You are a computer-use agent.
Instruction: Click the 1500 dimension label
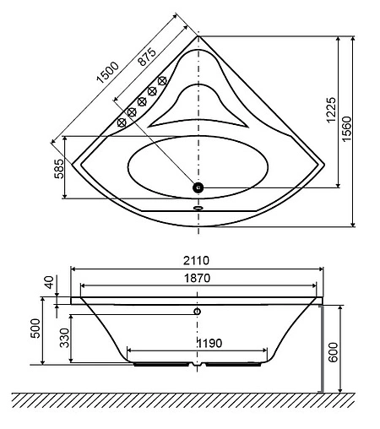click(x=108, y=73)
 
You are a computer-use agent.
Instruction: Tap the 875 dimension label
click(x=147, y=57)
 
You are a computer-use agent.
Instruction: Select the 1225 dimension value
click(x=331, y=110)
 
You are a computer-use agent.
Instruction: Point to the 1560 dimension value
click(x=347, y=128)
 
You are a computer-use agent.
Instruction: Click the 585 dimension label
click(x=59, y=169)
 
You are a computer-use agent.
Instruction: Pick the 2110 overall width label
click(x=196, y=260)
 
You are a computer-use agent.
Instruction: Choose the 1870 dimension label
click(x=197, y=278)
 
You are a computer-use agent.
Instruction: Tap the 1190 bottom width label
click(x=209, y=343)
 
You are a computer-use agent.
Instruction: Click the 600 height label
click(x=333, y=352)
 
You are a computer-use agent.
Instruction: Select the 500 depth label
click(x=35, y=329)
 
